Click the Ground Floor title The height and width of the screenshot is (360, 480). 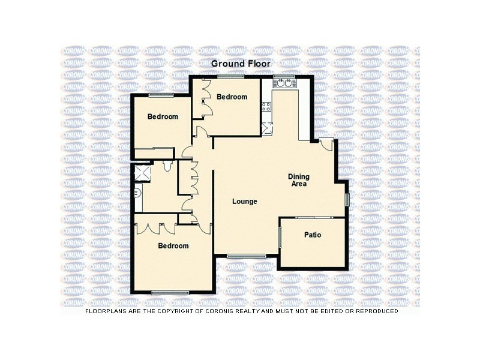click(240, 63)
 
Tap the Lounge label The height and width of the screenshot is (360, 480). click(245, 202)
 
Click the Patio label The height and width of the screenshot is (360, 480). click(313, 235)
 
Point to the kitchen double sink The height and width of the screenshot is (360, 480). click(283, 83)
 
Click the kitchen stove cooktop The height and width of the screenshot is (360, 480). click(266, 108)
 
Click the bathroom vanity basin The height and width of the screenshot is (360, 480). click(137, 193)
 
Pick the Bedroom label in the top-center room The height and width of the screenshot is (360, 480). click(232, 97)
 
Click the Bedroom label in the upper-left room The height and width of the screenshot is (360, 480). click(163, 116)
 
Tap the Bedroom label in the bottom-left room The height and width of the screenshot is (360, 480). click(173, 246)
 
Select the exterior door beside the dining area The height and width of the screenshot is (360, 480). click(326, 144)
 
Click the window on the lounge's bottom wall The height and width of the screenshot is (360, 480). click(247, 256)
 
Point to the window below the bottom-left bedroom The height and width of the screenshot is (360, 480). click(170, 292)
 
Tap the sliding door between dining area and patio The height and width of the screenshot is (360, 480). click(313, 217)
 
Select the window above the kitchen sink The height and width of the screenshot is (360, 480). click(283, 77)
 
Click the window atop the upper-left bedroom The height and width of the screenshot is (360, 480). click(161, 95)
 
